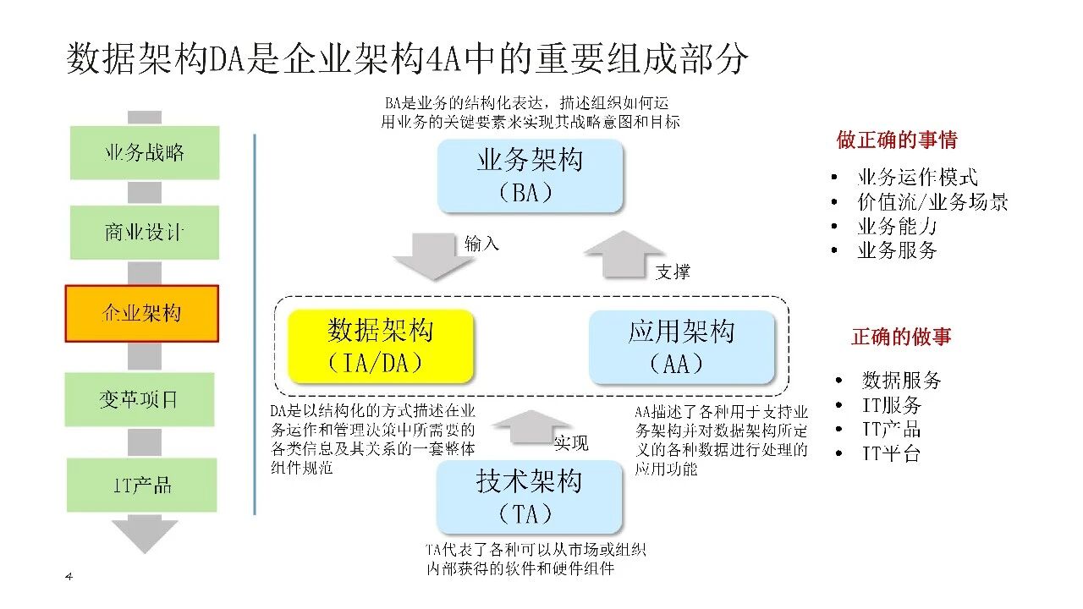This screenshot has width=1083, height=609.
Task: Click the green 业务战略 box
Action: coord(144,153)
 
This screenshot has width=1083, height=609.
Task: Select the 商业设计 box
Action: coord(144,233)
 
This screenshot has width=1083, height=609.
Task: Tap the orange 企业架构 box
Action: coord(142,313)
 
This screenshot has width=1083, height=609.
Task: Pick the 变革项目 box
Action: coord(140,399)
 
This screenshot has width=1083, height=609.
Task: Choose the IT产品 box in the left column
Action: coord(142,485)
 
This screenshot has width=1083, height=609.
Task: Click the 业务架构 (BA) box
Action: coord(531,175)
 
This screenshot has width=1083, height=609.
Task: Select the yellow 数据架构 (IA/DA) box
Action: coord(381,347)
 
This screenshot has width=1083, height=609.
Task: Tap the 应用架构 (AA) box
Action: coord(681,347)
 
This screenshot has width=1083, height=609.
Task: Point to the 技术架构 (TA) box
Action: coord(529,497)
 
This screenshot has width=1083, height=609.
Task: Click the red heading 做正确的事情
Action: coord(897,140)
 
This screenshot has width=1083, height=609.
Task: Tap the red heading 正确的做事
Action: coord(901,337)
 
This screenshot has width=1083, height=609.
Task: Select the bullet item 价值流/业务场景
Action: coord(932,202)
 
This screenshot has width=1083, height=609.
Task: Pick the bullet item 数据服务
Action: coord(901,380)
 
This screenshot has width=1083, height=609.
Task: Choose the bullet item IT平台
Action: coord(891,453)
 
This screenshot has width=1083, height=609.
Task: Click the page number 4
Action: coord(69,577)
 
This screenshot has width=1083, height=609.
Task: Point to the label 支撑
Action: coord(673,272)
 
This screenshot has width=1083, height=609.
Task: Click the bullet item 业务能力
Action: coord(897,227)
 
